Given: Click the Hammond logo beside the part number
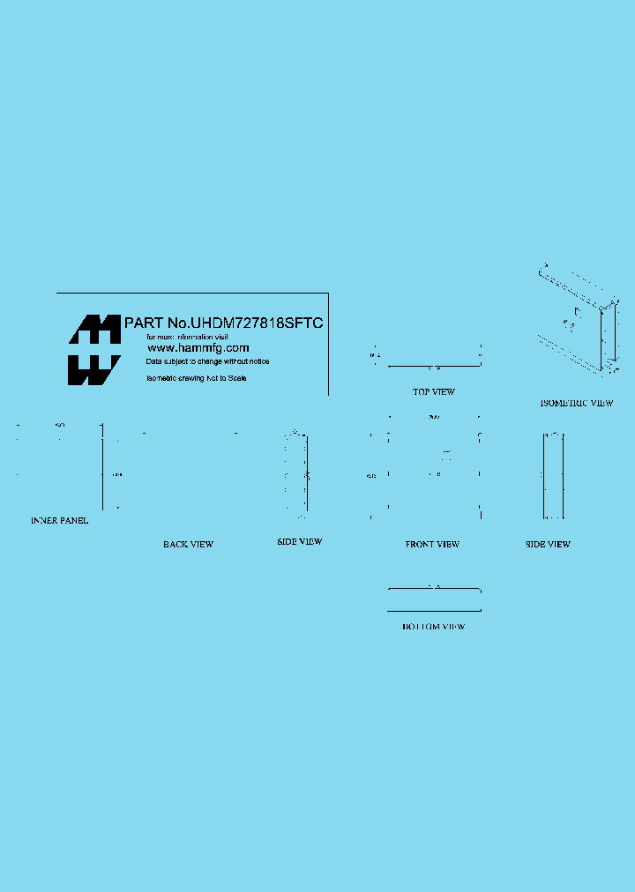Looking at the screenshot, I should click(x=94, y=350).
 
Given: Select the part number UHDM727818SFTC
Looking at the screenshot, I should click(x=258, y=323).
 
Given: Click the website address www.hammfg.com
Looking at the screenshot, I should click(x=198, y=348).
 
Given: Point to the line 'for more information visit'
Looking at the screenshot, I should click(x=187, y=337).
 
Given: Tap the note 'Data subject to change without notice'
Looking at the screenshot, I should click(x=208, y=361).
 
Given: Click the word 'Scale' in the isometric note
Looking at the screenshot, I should click(x=237, y=378).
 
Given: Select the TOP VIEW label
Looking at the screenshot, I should click(x=434, y=391).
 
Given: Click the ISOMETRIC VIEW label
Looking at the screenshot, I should click(x=576, y=403).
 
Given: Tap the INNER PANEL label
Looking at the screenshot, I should click(x=59, y=521).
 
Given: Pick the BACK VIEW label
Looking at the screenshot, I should click(x=188, y=545).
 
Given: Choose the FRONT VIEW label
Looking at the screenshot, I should click(x=432, y=545).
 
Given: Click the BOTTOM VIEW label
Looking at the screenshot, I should click(x=433, y=627).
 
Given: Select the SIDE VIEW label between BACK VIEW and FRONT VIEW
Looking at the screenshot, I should click(x=300, y=541).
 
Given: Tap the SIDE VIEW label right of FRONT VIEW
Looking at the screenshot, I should click(x=548, y=545).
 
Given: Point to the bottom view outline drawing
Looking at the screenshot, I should click(x=434, y=599).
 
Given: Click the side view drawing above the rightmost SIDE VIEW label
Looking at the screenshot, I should click(x=553, y=475).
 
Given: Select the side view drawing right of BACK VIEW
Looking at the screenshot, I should click(x=297, y=472).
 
